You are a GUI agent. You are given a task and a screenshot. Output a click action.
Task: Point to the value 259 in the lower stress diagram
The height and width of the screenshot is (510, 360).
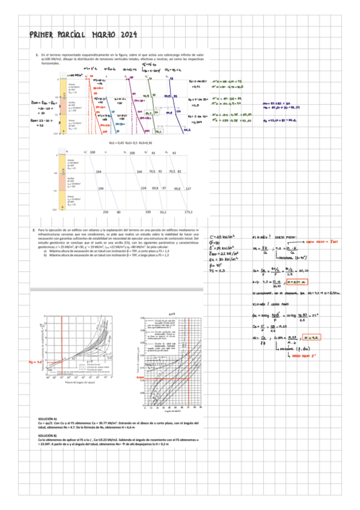[x=106, y=212]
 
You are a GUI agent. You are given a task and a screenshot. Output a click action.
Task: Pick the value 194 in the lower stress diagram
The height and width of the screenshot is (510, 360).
[x=100, y=188]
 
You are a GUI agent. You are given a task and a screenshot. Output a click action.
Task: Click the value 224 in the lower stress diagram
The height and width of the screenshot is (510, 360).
[x=144, y=188]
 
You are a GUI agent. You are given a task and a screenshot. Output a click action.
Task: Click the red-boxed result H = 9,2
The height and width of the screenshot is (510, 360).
[x=296, y=339]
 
